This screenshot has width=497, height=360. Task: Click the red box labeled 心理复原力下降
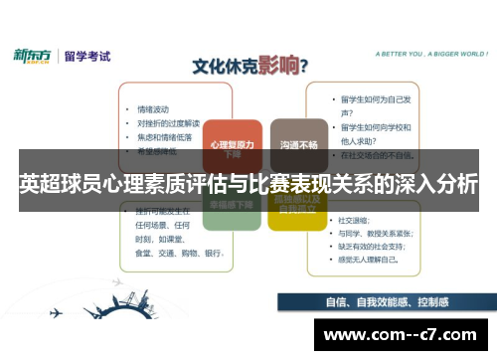coord(233,148)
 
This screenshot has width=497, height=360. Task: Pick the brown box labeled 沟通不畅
coord(298,145)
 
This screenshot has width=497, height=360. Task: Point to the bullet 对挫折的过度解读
coord(169,123)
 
